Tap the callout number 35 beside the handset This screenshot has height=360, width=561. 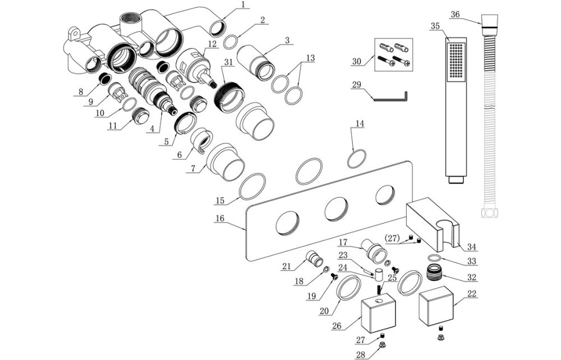(x=435, y=26)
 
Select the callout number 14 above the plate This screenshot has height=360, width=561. (x=359, y=123)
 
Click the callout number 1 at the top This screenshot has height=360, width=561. (x=243, y=4)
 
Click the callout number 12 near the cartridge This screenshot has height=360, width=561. (x=212, y=43)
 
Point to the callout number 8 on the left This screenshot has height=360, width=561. (x=81, y=90)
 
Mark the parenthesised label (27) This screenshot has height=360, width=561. (x=393, y=238)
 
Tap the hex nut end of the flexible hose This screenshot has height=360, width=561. (x=489, y=214)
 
